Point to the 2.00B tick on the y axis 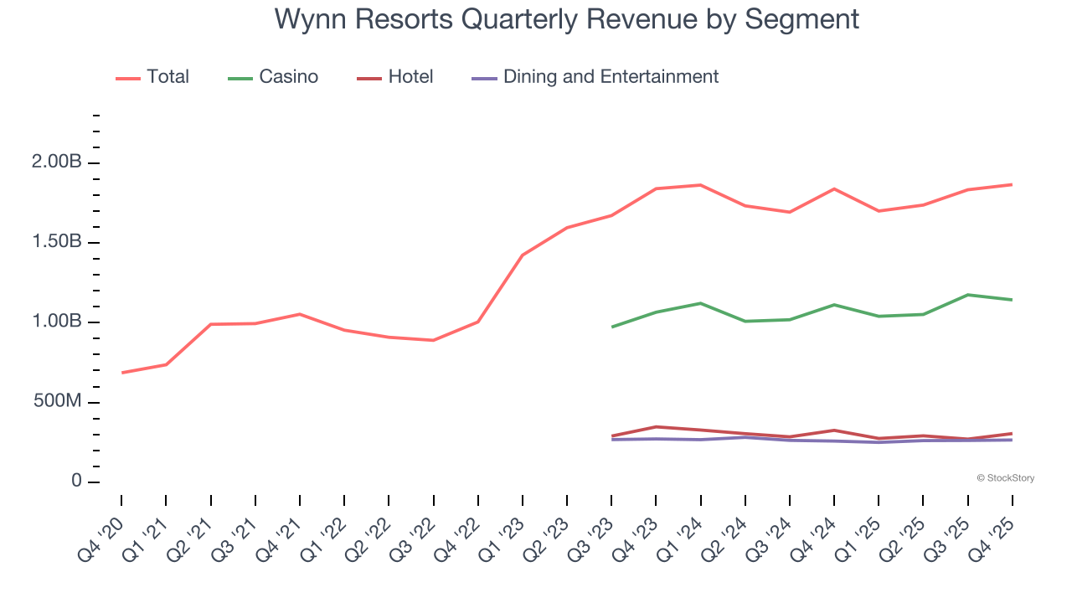pos(57,162)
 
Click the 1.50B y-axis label pos(57,242)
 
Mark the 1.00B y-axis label pos(57,322)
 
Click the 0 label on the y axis pos(76,482)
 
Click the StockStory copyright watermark pos(1005,478)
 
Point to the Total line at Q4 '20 pos(121,373)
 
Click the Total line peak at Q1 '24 pos(700,185)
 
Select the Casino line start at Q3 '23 pos(611,327)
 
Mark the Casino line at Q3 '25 pos(968,295)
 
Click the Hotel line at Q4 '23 pos(656,427)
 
